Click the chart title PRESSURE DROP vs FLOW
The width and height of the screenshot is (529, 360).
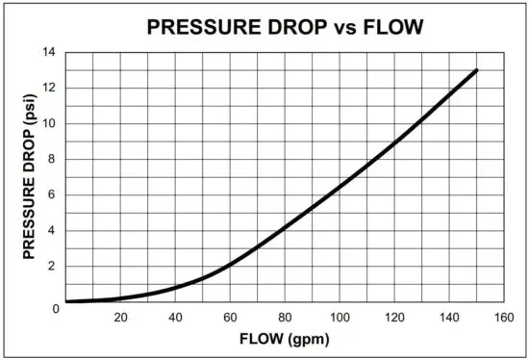[284, 27]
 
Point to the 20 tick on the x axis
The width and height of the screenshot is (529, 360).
[120, 319]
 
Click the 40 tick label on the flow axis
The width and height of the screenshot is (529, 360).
[175, 319]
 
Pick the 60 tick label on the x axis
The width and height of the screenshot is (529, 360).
[230, 319]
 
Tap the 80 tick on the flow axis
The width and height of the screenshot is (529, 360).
[285, 319]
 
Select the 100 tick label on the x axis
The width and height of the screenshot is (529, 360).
[339, 319]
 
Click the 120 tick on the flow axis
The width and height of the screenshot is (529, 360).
[393, 319]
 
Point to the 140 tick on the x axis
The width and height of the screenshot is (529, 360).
[448, 319]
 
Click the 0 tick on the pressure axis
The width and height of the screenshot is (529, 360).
[57, 308]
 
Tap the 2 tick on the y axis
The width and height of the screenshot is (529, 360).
[57, 267]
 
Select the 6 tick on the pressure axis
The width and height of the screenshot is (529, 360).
[57, 195]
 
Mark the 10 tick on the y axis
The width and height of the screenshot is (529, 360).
[55, 124]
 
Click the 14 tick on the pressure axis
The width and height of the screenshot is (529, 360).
[54, 53]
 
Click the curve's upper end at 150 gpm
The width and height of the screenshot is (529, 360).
[476, 70]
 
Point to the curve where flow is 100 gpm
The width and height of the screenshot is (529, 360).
[340, 186]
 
